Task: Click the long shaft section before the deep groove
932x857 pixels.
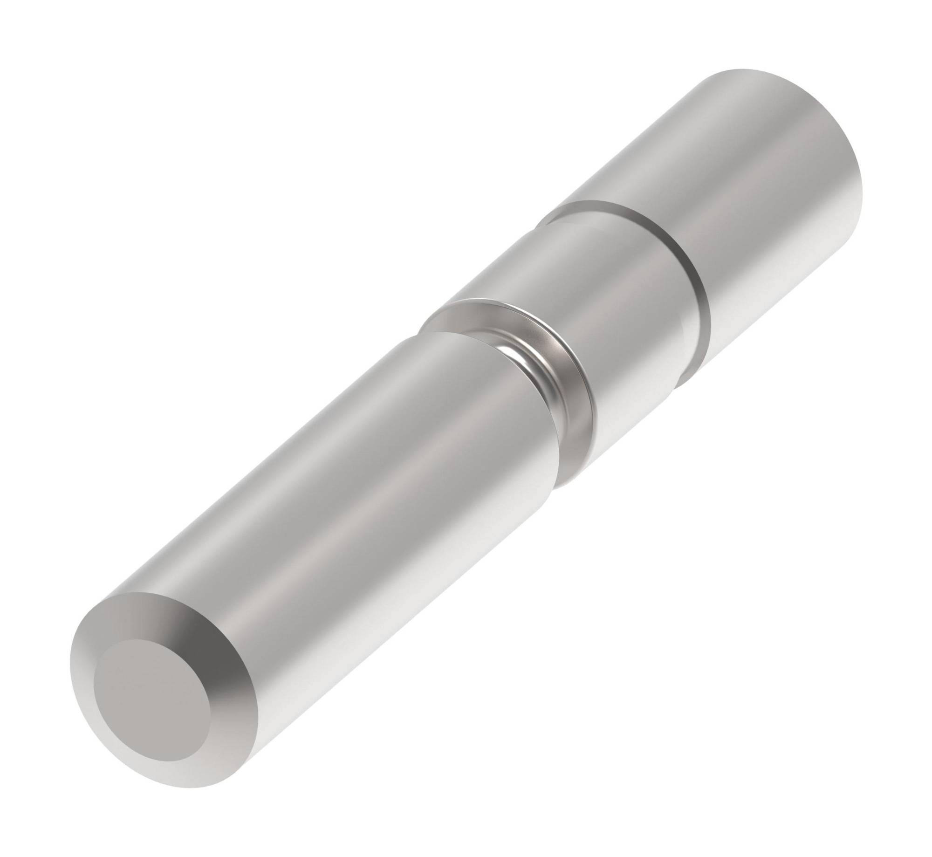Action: (326, 536)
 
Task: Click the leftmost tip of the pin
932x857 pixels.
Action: (70, 708)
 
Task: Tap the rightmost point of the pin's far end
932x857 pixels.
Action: (862, 196)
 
